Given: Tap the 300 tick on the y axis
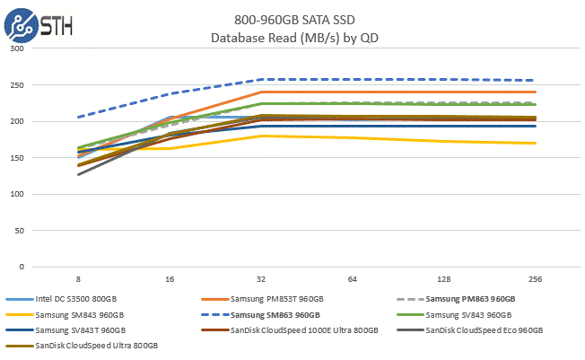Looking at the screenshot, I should coord(17,49).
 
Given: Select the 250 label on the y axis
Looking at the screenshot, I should coord(17,85).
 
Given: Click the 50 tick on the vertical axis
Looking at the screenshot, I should coord(20,231).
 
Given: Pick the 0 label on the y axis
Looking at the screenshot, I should coord(22,267).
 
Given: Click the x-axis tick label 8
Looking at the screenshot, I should coord(80,281).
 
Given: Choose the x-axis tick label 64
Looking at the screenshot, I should coord(352,281).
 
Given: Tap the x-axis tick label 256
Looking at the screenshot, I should coord(533,281).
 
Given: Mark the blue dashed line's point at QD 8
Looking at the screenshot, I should coord(80,117).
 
